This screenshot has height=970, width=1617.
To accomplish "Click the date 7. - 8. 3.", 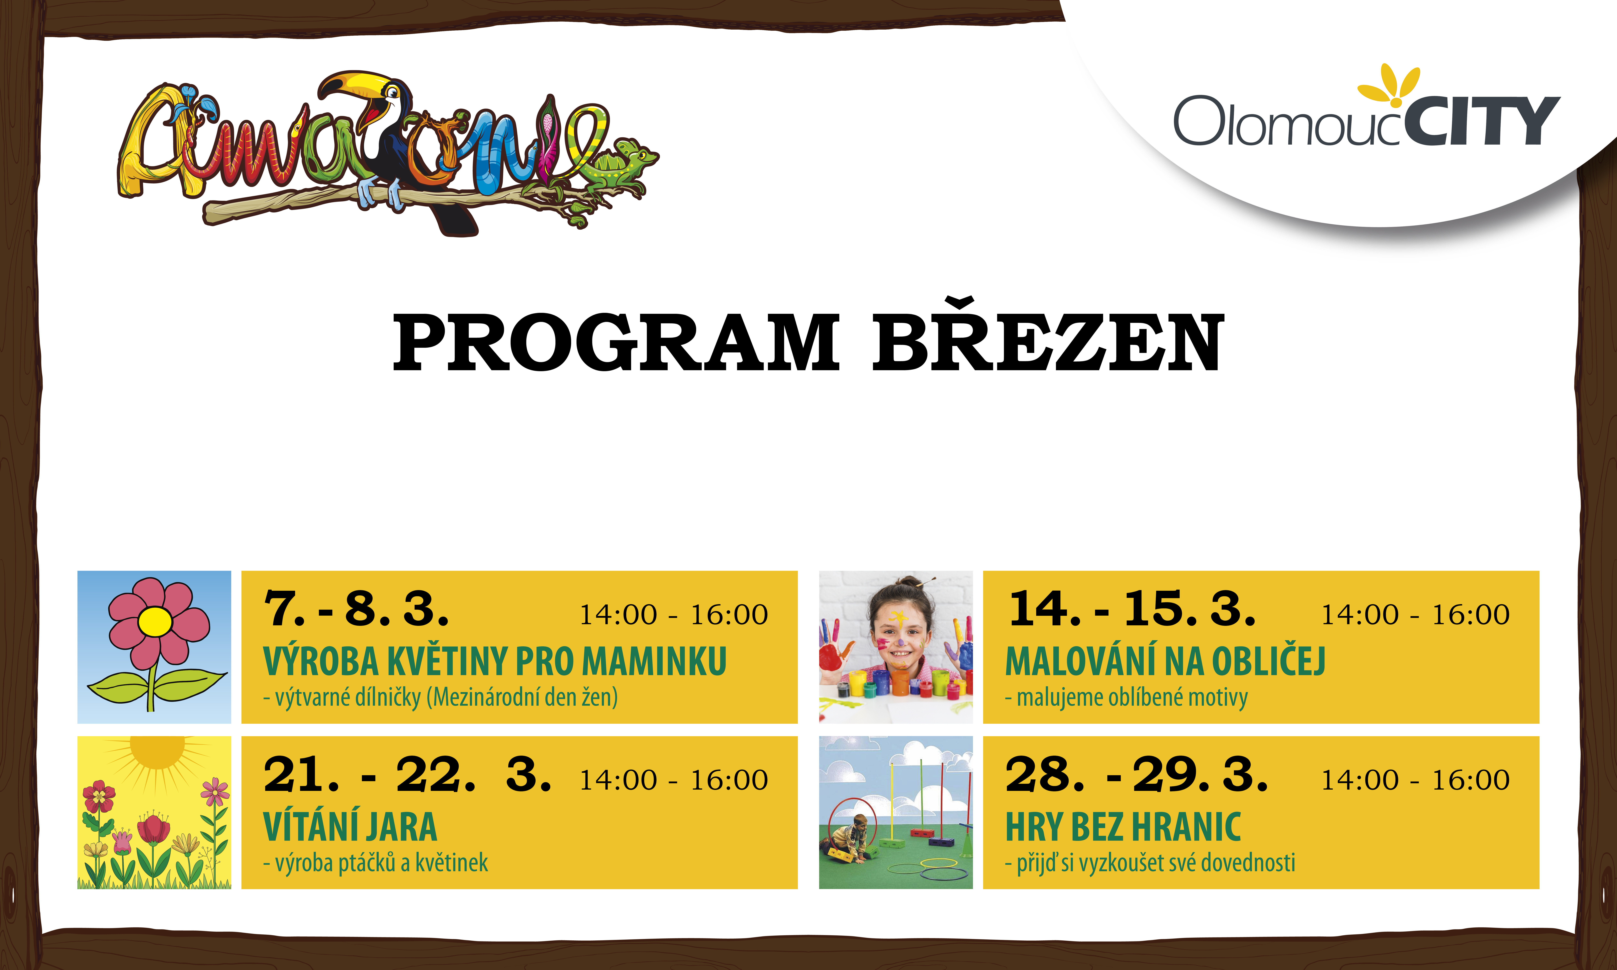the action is tap(356, 609).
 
